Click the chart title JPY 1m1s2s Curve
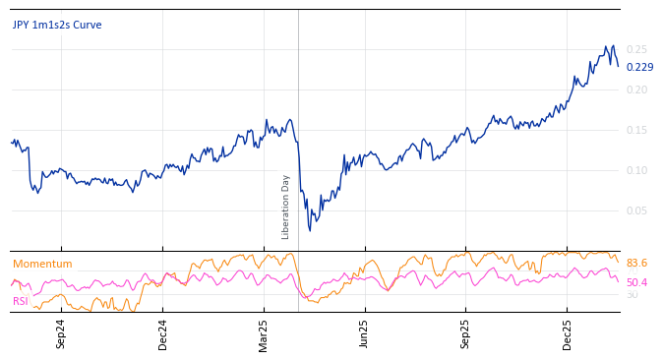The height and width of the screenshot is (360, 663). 57,25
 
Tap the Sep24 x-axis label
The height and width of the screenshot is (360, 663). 61,333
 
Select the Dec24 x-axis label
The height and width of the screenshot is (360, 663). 162,333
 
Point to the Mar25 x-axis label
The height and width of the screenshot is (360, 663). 264,333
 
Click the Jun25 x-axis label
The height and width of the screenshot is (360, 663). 364,333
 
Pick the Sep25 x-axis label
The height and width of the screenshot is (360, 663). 465,333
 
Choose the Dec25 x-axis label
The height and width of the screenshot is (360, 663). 567,333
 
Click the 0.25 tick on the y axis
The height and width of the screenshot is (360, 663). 636,49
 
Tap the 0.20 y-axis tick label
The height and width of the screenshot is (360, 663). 636,90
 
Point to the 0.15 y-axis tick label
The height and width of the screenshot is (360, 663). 636,130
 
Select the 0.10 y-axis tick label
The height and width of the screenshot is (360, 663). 636,170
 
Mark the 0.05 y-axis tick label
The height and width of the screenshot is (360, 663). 636,210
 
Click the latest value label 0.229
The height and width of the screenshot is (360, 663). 639,67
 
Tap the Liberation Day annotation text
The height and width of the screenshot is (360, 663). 286,207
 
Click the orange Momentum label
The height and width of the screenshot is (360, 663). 42,264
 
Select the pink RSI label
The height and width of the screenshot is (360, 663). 20,301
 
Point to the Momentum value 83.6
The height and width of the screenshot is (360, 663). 636,264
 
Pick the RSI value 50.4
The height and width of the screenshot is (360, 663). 636,283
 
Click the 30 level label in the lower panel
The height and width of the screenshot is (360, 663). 632,294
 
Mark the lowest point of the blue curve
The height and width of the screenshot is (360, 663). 310,230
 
